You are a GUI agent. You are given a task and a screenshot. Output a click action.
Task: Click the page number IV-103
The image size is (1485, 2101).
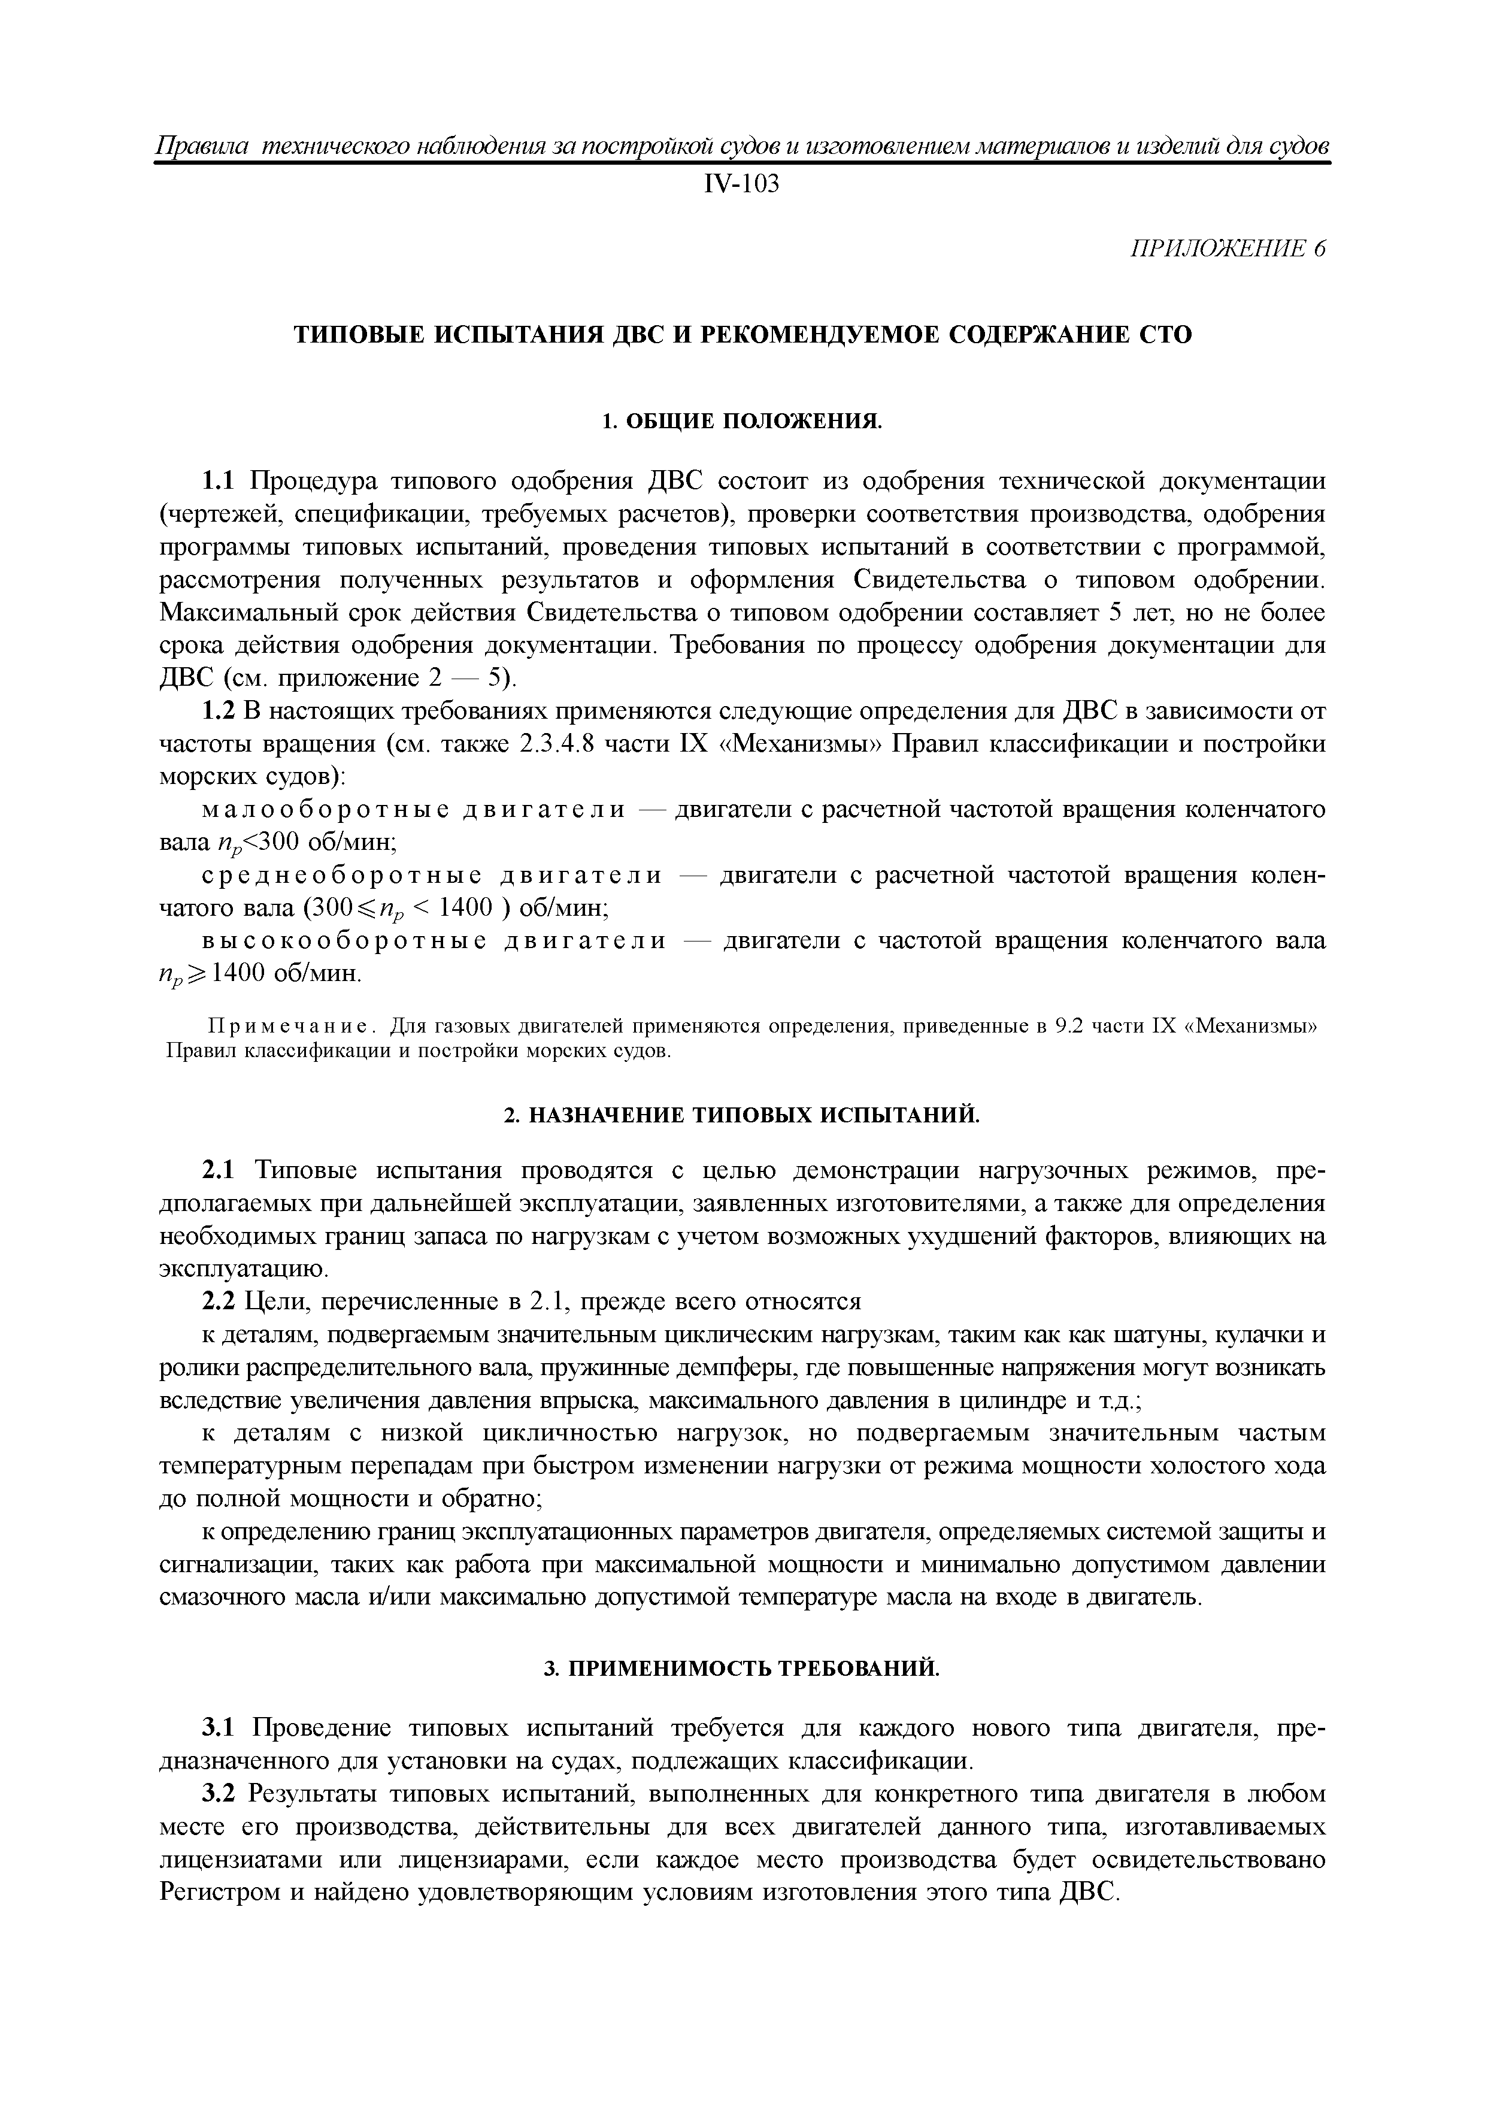[741, 186]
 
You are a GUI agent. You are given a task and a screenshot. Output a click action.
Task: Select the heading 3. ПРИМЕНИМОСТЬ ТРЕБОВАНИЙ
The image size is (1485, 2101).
[742, 1669]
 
